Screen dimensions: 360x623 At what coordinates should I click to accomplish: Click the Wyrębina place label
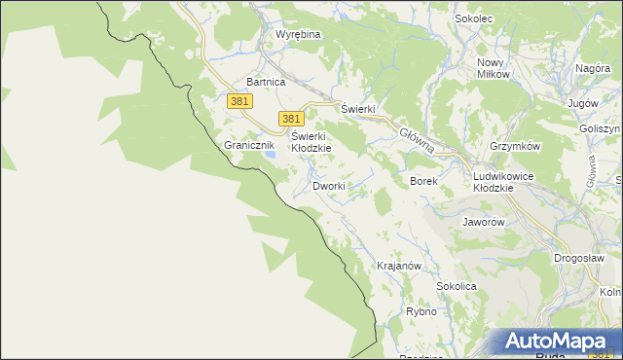click(x=298, y=34)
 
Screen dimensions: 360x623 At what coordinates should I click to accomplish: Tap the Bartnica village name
click(x=266, y=83)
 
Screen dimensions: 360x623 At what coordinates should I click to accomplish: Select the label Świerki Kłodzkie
click(x=311, y=142)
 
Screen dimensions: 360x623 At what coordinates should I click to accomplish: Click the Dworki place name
click(x=329, y=186)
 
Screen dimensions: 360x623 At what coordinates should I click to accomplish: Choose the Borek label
click(x=424, y=181)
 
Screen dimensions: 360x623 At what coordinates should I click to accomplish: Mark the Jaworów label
click(x=483, y=222)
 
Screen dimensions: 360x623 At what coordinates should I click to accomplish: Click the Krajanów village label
click(x=398, y=266)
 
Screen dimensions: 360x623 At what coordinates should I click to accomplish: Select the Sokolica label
click(x=456, y=287)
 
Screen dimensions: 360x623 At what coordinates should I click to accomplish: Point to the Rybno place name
click(x=421, y=312)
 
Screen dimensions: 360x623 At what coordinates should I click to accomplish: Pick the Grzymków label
click(x=515, y=146)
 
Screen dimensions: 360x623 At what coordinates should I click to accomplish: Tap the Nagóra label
click(x=592, y=69)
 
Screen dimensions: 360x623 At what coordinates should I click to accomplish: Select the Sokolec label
click(x=475, y=18)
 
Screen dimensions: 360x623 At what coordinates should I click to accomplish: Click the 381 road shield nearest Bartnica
click(x=239, y=101)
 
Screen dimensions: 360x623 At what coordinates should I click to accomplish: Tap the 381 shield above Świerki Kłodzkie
click(x=290, y=118)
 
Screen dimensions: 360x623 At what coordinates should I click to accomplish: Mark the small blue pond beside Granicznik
click(x=273, y=154)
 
